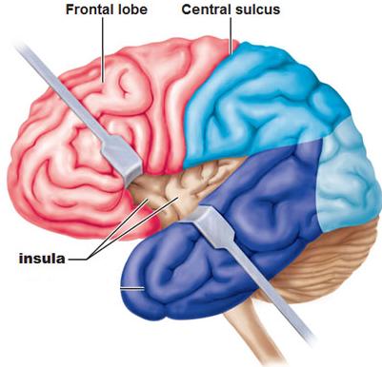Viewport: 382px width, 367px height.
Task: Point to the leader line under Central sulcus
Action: point(231,32)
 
